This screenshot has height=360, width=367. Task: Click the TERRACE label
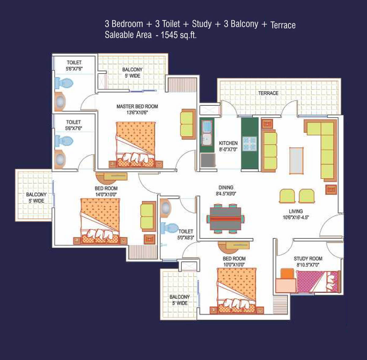click(x=268, y=93)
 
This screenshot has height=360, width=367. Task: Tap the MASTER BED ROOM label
click(x=137, y=106)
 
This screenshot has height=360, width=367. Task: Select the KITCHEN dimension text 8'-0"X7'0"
click(x=228, y=149)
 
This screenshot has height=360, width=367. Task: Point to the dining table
click(x=225, y=219)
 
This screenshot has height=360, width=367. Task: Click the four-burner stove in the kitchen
click(x=250, y=144)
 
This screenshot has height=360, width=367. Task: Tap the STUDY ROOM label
click(x=308, y=258)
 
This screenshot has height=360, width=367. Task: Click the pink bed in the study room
click(x=318, y=281)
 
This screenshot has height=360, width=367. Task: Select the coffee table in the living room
click(x=296, y=161)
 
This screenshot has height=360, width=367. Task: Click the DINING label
click(x=226, y=187)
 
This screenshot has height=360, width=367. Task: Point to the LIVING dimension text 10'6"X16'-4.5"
click(x=296, y=217)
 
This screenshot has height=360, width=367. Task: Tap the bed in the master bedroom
click(x=135, y=145)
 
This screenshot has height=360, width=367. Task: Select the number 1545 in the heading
click(x=169, y=35)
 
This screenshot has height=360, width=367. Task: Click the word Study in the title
click(x=202, y=24)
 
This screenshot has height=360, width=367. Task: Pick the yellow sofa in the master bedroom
click(x=188, y=124)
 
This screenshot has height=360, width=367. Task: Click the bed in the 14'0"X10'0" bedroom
click(x=100, y=221)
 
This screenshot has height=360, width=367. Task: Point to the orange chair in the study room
click(x=287, y=273)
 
